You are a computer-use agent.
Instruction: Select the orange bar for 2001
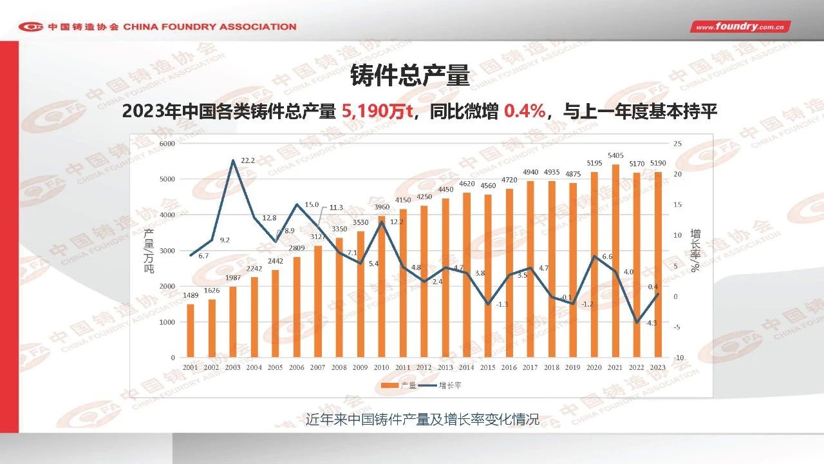coord(191,331)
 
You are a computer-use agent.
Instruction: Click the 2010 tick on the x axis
coord(382,367)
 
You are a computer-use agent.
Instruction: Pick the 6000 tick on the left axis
coord(167,144)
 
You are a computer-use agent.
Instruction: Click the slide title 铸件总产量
coord(410,76)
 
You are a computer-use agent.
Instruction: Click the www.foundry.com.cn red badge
coord(740,26)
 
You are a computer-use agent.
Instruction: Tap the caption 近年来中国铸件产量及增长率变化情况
coord(422,420)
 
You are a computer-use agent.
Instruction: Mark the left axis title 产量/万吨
coord(149,251)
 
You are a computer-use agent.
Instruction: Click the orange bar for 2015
coord(489,276)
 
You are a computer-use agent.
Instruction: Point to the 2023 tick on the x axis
coord(659,367)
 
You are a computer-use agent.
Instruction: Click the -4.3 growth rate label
coord(651,323)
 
